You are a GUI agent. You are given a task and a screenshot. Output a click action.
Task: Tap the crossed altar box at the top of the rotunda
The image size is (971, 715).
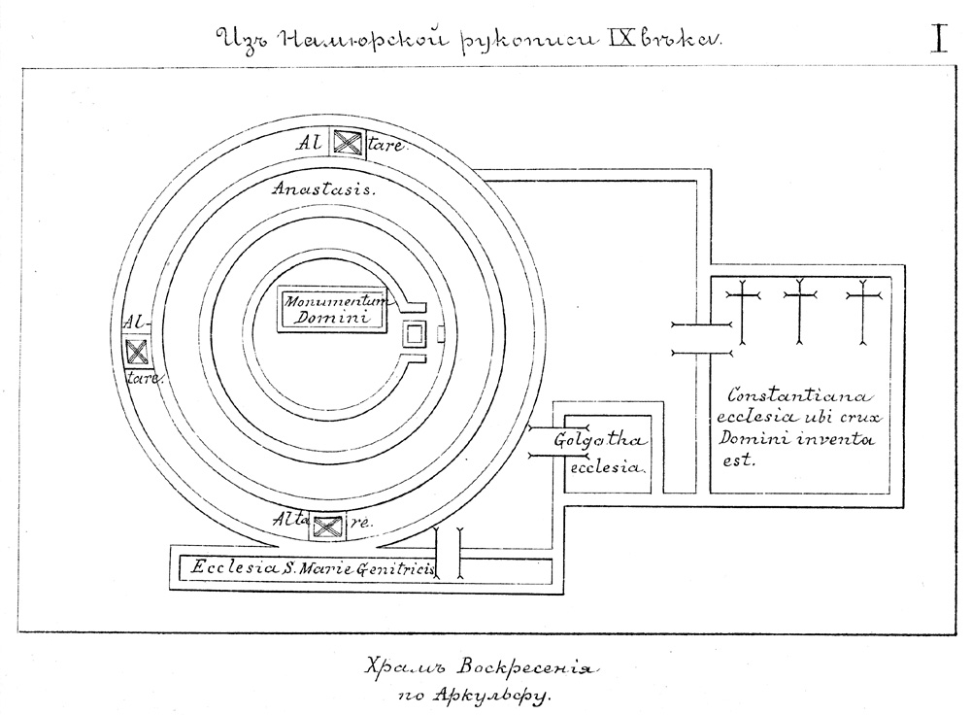point(348,144)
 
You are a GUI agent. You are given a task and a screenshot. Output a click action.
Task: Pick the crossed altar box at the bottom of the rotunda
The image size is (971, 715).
point(325,528)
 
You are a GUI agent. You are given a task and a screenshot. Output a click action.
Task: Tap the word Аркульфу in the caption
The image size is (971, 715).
point(505,695)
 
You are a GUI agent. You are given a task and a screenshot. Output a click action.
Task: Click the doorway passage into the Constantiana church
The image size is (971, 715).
point(700,339)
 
